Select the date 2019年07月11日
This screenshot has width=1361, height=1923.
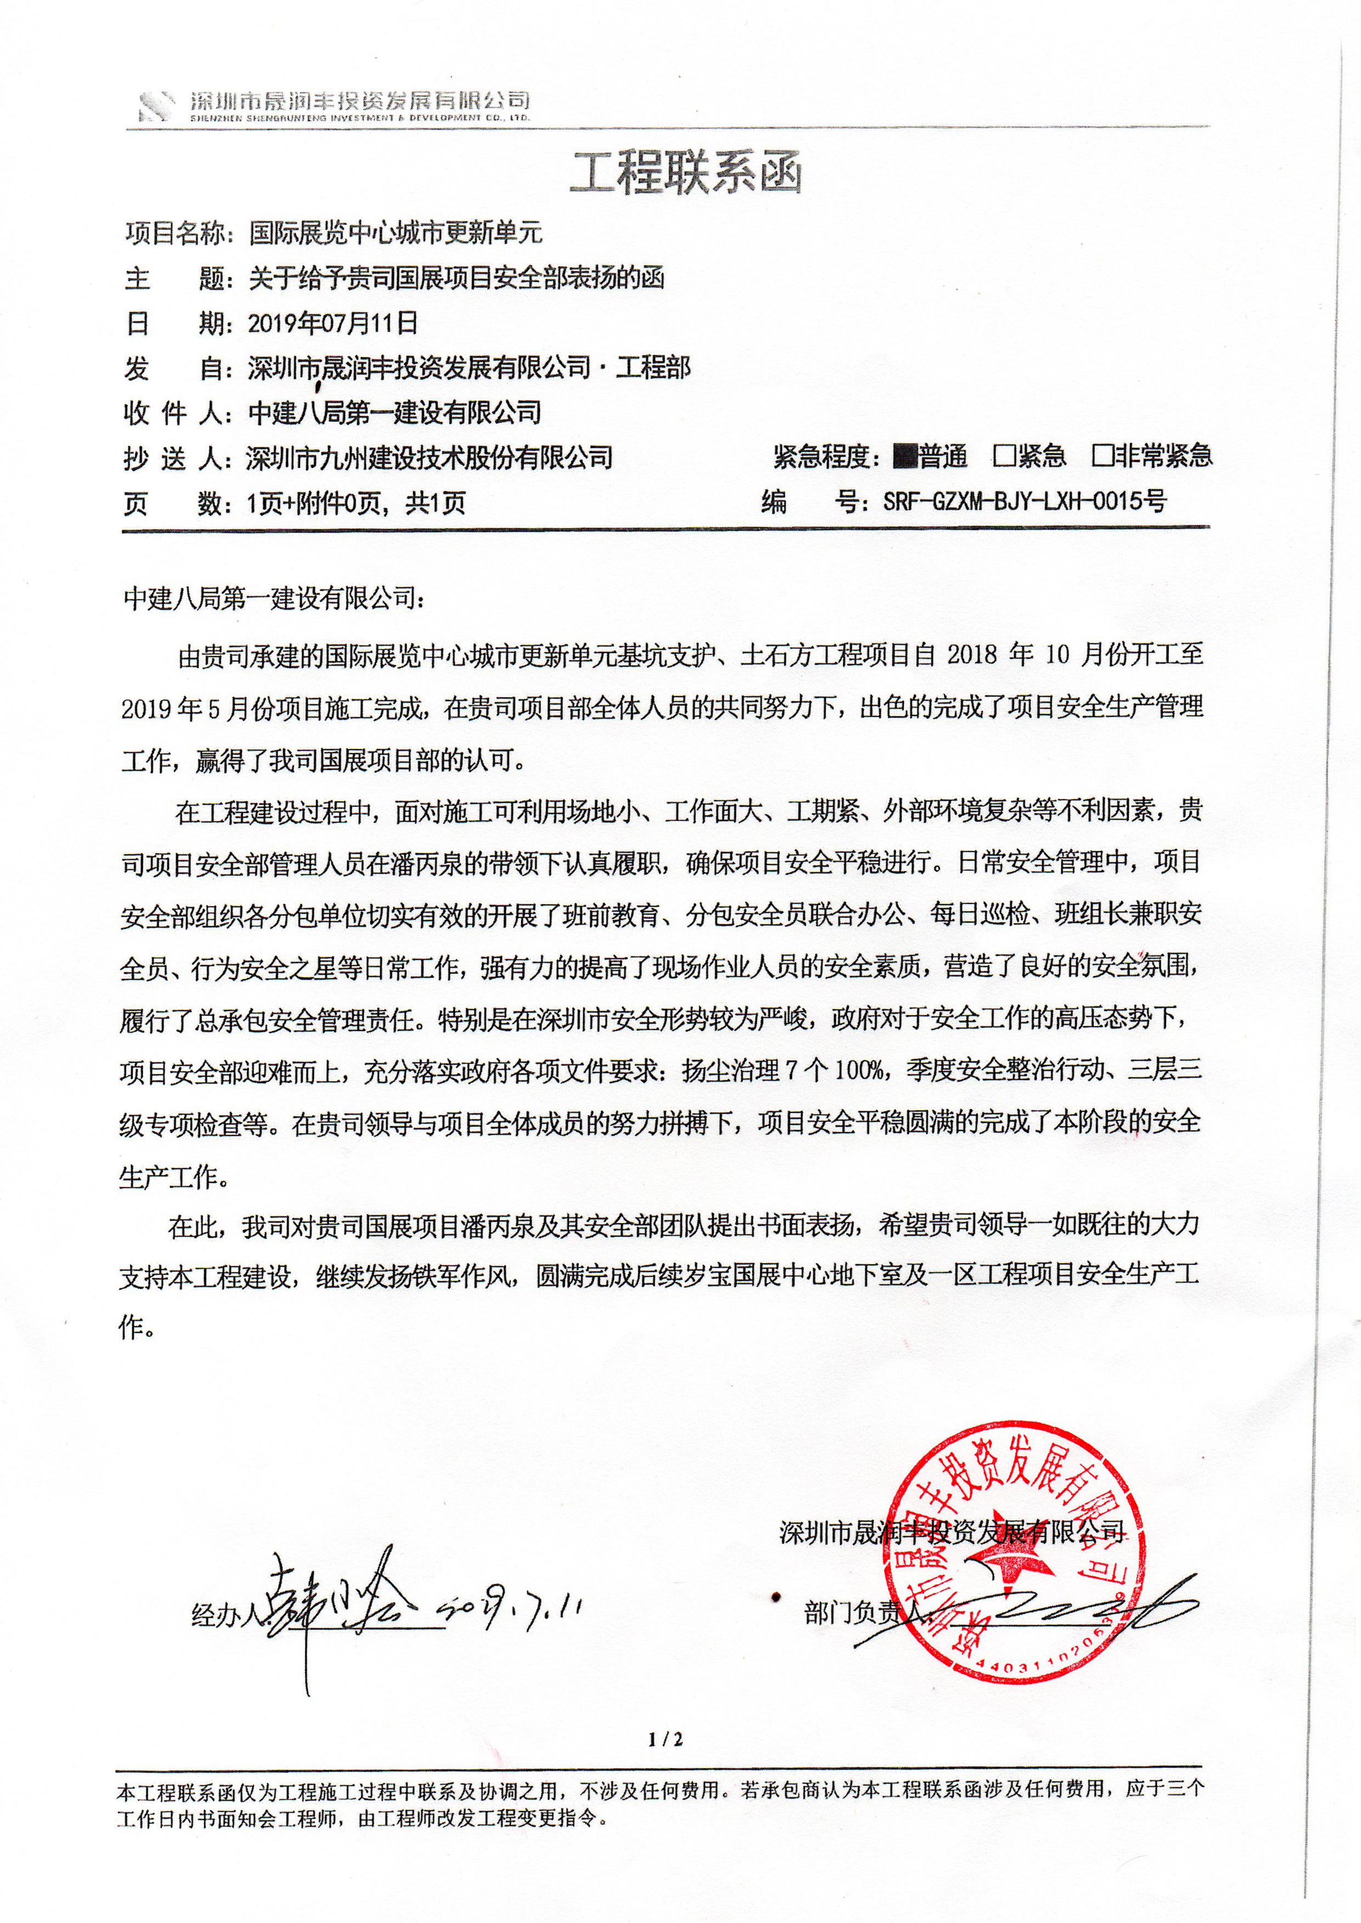[333, 323]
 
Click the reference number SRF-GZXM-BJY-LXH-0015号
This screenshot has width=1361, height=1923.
[1024, 502]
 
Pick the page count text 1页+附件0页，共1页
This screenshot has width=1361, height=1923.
[356, 504]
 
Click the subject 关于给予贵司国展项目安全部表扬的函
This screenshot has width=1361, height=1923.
[457, 278]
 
